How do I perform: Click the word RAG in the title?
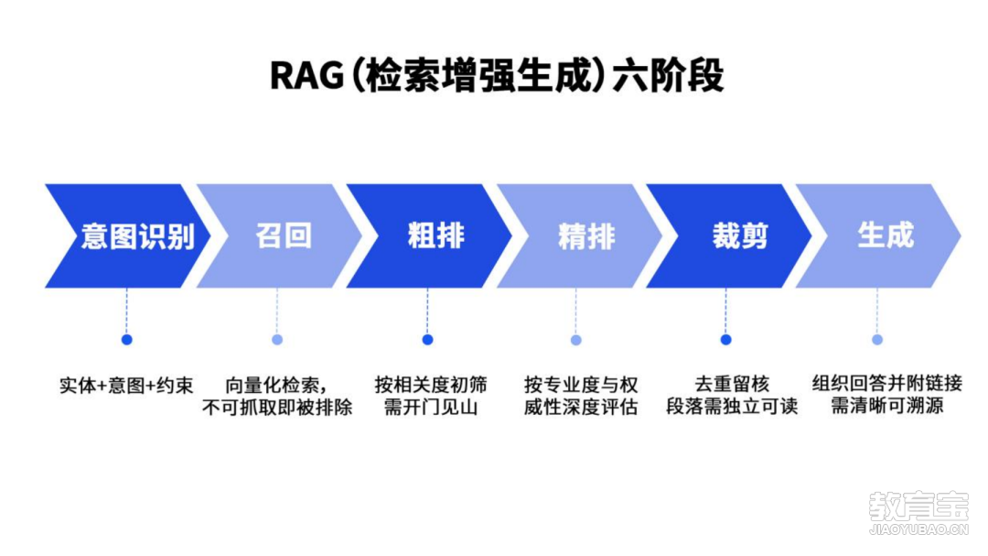pyautogui.click(x=306, y=76)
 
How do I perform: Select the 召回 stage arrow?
pyautogui.click(x=280, y=236)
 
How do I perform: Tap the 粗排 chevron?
pyautogui.click(x=429, y=236)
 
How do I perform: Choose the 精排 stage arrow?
pyautogui.click(x=580, y=236)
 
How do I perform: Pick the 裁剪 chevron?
pyautogui.click(x=729, y=236)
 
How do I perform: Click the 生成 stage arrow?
pyautogui.click(x=878, y=236)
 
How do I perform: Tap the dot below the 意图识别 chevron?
pyautogui.click(x=126, y=340)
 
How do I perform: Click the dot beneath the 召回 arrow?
pyautogui.click(x=277, y=340)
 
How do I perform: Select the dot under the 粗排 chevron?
pyautogui.click(x=427, y=340)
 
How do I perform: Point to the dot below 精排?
pyautogui.click(x=576, y=340)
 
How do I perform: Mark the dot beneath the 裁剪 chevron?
pyautogui.click(x=725, y=340)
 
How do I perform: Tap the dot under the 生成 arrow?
pyautogui.click(x=877, y=340)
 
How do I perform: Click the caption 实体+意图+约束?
pyautogui.click(x=126, y=385)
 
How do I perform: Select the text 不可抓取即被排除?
pyautogui.click(x=277, y=407)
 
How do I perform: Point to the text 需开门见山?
pyautogui.click(x=430, y=407)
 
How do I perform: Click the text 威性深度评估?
pyautogui.click(x=580, y=407)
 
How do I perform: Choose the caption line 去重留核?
pyautogui.click(x=732, y=384)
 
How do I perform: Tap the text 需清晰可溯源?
pyautogui.click(x=886, y=406)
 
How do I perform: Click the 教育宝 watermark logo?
pyautogui.click(x=918, y=513)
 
